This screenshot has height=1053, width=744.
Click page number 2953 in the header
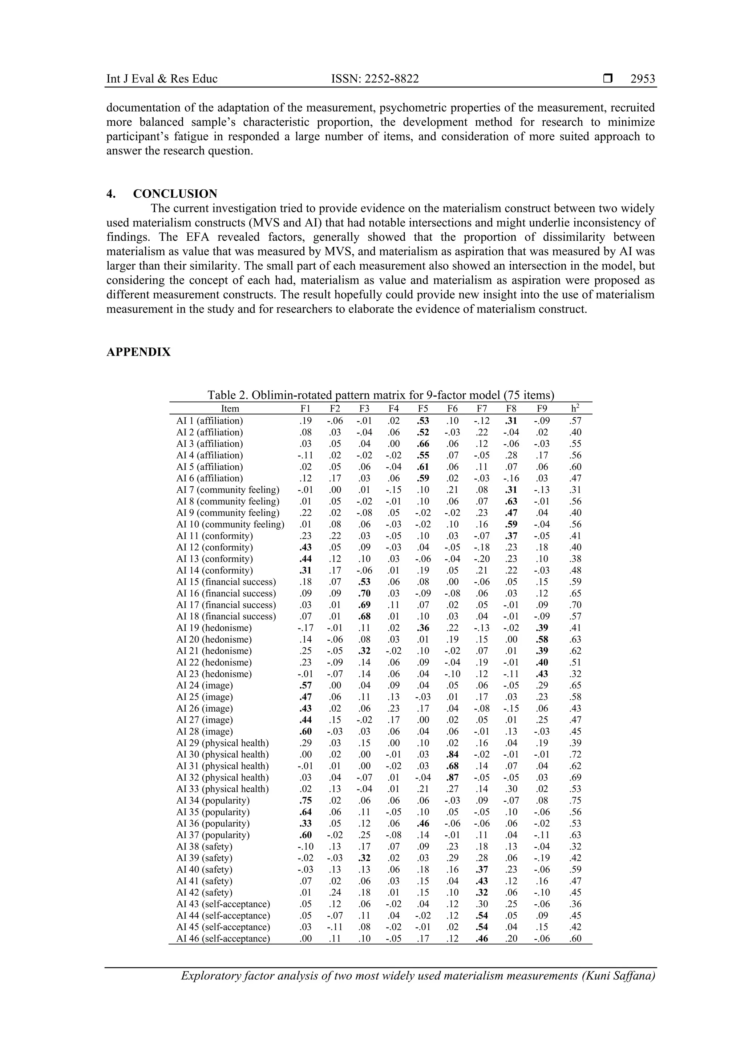pos(642,79)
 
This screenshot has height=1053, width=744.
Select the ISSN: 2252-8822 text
pos(375,79)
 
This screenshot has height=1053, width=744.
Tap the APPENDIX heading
pos(138,352)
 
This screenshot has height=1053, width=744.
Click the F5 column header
pos(423,409)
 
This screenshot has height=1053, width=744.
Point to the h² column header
pos(575,408)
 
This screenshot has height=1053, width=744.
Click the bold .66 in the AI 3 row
pos(423,444)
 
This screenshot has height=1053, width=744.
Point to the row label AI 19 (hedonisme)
pos(214,628)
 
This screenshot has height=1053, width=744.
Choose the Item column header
pos(230,409)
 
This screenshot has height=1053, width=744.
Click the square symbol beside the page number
pos(608,79)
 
